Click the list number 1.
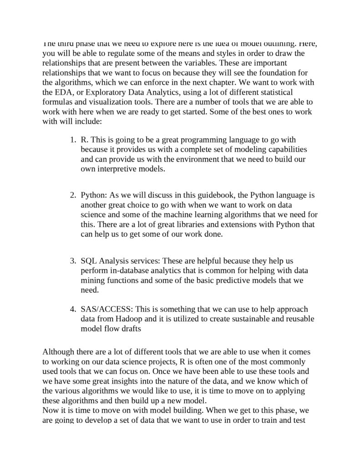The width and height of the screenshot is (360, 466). pos(72,140)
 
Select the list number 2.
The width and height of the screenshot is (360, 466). pos(72,195)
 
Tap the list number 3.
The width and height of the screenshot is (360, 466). pos(72,261)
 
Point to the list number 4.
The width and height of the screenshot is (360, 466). pos(72,309)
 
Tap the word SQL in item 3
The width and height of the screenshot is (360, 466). pos(89,261)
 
